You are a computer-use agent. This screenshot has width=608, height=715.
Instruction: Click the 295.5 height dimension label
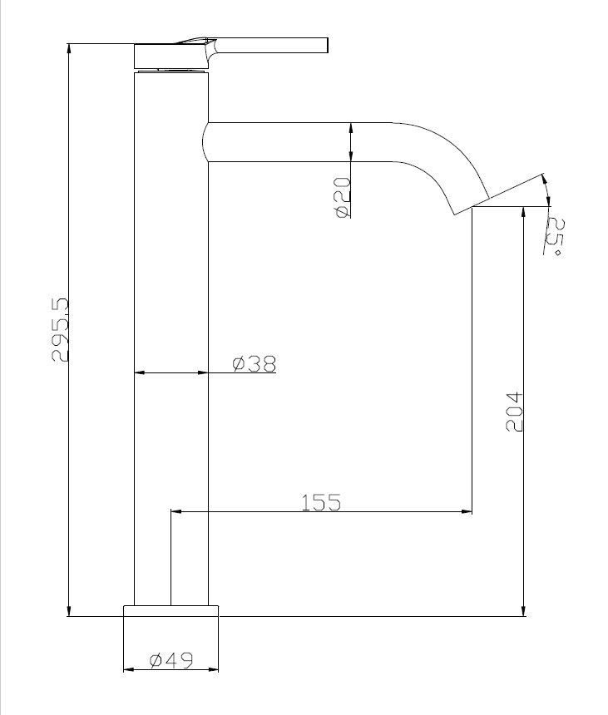60,330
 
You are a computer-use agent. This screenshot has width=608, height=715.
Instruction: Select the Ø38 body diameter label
254,363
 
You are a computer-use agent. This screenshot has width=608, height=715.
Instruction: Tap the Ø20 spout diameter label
343,197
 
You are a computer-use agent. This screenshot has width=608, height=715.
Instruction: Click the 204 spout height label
514,411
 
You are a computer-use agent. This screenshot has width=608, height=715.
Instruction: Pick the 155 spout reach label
321,502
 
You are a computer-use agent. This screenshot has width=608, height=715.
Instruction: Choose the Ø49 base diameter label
171,660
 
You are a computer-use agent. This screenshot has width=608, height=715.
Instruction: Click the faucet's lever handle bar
271,46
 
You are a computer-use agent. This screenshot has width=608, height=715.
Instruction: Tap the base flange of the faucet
171,611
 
